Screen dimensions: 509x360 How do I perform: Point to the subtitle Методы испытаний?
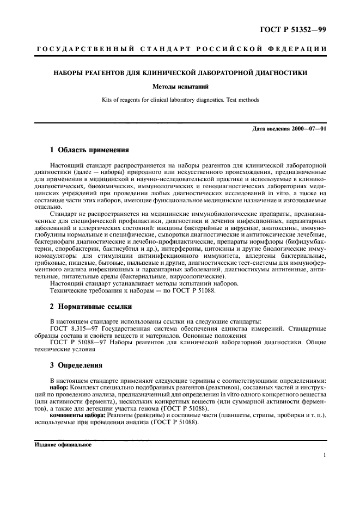tap(180, 86)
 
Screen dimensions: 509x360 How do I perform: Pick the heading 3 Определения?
tap(75, 364)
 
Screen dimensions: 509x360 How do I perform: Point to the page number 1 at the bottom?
tap(325, 456)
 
